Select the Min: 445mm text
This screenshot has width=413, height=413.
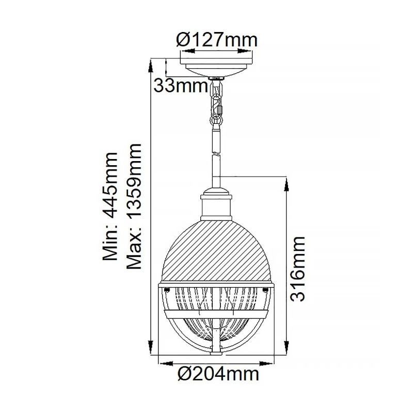point(110,207)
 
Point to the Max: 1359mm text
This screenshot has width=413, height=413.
point(134,206)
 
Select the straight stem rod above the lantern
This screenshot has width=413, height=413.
point(216,165)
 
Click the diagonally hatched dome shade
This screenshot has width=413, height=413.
point(216,248)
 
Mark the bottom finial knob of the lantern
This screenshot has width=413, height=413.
point(216,353)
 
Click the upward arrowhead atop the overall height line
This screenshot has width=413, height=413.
point(151,61)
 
